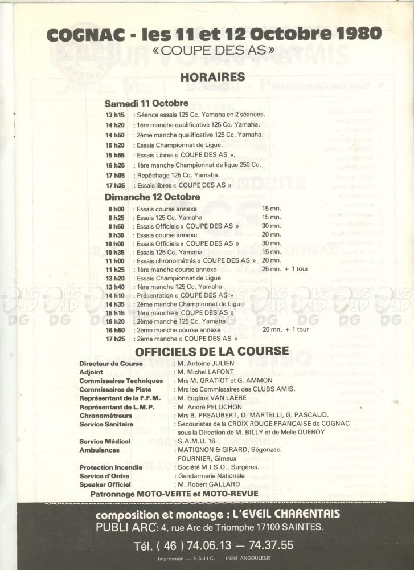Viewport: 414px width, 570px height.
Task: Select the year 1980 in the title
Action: pos(352,34)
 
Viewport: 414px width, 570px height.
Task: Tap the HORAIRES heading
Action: pos(212,77)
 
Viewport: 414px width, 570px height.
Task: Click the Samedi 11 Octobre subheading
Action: pos(146,104)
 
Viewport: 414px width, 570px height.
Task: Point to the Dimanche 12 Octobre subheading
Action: pos(152,197)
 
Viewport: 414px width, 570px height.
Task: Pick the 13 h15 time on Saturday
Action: pos(115,114)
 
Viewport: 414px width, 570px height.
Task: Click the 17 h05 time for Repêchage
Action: pos(115,175)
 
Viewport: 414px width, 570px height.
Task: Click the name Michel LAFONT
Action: pos(207,372)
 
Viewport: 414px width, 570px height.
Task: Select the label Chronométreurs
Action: pos(106,415)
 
